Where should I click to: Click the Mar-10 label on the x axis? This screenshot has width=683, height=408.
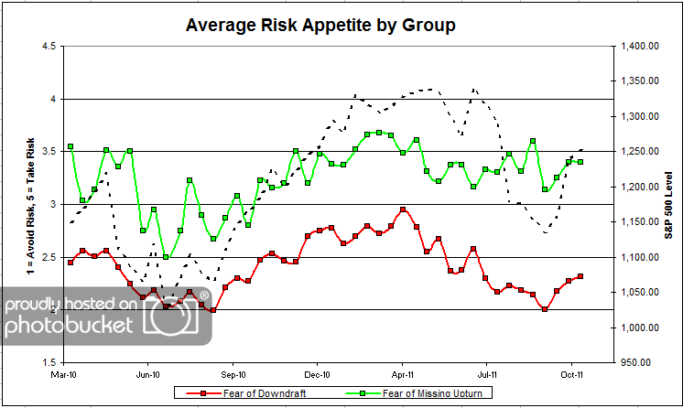point(64,374)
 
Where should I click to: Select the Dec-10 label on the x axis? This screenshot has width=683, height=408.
point(317,374)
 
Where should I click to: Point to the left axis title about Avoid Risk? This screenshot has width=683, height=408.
point(16,203)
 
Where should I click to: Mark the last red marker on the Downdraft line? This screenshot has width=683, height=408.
point(580,276)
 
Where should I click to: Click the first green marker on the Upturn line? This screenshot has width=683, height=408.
point(70,146)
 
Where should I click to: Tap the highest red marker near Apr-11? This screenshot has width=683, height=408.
point(403,209)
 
